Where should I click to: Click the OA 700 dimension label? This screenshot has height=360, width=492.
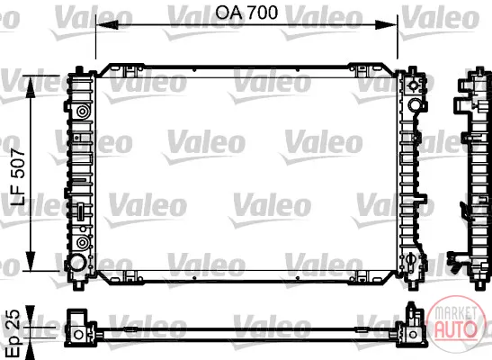pyautogui.click(x=246, y=13)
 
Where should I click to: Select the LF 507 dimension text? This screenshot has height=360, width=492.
pyautogui.click(x=18, y=177)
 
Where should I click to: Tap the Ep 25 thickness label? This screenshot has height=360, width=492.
pyautogui.click(x=13, y=334)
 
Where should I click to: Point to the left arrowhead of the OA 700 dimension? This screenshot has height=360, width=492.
pyautogui.click(x=107, y=24)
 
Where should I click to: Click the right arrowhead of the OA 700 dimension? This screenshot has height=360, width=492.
pyautogui.click(x=387, y=24)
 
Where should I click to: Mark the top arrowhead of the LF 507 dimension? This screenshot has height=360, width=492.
pyautogui.click(x=31, y=87)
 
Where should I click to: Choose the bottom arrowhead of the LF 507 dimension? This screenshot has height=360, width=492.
pyautogui.click(x=31, y=260)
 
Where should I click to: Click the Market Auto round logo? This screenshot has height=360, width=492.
pyautogui.click(x=457, y=323)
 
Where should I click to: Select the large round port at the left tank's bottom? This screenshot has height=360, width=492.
pyautogui.click(x=77, y=263)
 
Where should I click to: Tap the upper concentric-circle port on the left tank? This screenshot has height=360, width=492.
pyautogui.click(x=83, y=112)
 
